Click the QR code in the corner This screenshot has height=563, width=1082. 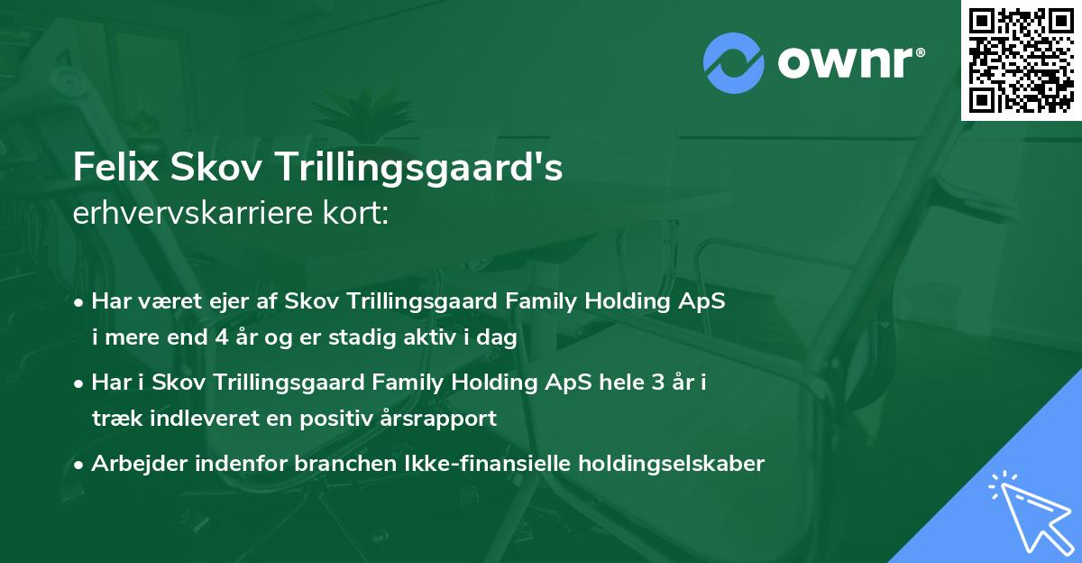coord(1021,60)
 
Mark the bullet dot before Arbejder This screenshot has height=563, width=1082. coord(80,465)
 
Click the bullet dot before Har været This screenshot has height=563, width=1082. coord(80,302)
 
